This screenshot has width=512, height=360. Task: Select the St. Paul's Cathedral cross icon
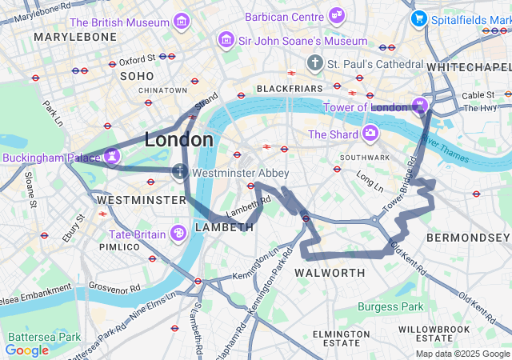pyautogui.click(x=316, y=62)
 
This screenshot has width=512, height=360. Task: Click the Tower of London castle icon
pyautogui.click(x=420, y=105)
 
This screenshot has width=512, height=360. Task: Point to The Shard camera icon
pyautogui.click(x=370, y=133)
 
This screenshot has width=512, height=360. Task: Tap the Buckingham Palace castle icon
pyautogui.click(x=113, y=154)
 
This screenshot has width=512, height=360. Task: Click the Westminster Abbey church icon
pyautogui.click(x=180, y=170)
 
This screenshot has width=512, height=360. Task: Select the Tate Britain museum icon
pyautogui.click(x=178, y=233)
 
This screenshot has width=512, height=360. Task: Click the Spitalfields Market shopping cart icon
pyautogui.click(x=418, y=18)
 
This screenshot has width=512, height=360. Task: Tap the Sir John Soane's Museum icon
pyautogui.click(x=225, y=40)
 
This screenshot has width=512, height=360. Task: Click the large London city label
pyautogui.click(x=178, y=140)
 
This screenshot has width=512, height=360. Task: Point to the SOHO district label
pyautogui.click(x=136, y=76)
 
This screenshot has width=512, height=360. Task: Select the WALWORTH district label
pyautogui.click(x=330, y=273)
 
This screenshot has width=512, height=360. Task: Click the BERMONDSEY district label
pyautogui.click(x=468, y=238)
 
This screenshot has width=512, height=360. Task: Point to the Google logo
pyautogui.click(x=26, y=350)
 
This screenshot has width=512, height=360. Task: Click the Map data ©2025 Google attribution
pyautogui.click(x=462, y=354)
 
